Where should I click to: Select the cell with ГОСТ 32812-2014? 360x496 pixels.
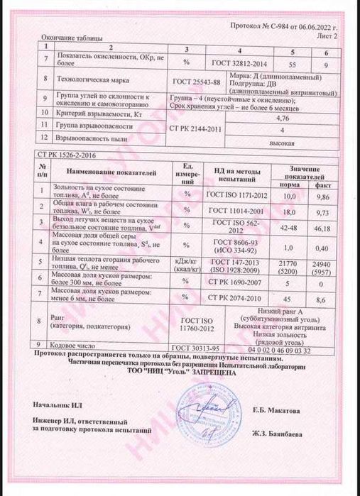[243, 62]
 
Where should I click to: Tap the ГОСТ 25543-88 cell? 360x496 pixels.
[197, 82]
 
